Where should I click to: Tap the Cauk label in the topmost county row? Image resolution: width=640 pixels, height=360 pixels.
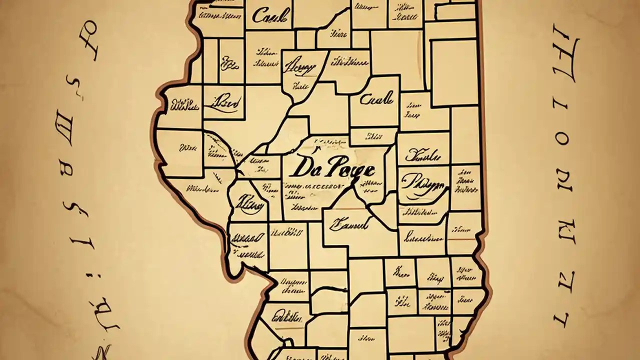[x=270, y=16]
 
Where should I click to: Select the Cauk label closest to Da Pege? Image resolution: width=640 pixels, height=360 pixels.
[x=376, y=99]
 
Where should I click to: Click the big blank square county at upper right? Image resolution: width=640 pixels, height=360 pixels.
[x=454, y=73]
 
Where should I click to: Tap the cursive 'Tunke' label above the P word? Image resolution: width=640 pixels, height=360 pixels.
[x=421, y=156]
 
